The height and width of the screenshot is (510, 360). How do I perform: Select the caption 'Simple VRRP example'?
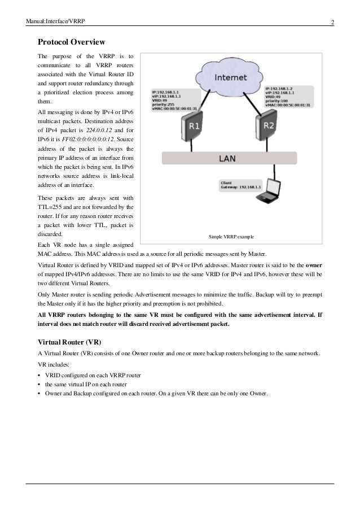click(x=231, y=237)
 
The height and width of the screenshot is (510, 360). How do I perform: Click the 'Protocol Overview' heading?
click(x=71, y=42)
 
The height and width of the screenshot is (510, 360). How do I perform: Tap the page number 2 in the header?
click(x=332, y=23)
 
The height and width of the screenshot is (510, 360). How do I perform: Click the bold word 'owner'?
click(x=314, y=265)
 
